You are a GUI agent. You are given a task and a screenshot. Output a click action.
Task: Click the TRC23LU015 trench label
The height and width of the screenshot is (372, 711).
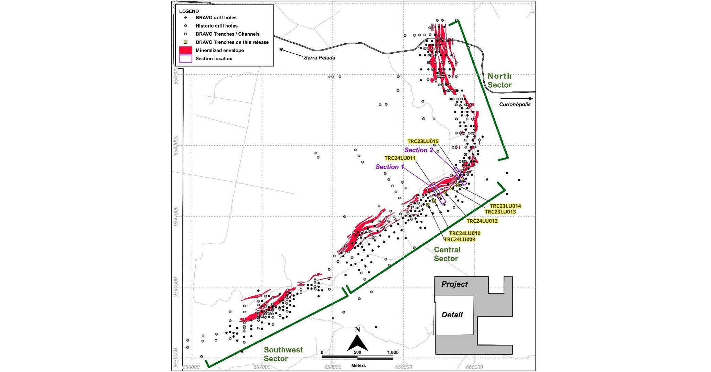423,141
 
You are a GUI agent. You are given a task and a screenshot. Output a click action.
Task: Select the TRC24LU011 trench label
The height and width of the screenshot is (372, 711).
400,158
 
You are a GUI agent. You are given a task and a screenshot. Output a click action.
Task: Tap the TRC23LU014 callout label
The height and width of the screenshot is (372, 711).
505,206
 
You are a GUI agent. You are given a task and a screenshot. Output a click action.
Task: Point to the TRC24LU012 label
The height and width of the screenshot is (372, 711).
482,221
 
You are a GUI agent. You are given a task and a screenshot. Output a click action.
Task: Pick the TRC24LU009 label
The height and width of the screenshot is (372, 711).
460,239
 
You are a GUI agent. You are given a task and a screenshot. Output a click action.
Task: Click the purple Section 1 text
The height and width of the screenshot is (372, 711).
389,167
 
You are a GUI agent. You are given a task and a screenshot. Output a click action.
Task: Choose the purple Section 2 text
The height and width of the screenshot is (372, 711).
418,150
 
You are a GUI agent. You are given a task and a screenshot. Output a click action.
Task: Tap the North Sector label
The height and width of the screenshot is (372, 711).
499,80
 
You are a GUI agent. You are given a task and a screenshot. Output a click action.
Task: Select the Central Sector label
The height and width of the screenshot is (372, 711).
446,254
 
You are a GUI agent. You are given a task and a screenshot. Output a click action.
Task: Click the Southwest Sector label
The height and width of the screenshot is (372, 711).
283,354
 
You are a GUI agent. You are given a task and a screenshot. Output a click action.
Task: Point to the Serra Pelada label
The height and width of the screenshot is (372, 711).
319,58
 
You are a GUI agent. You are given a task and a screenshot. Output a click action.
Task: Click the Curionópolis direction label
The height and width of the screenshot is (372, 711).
515,105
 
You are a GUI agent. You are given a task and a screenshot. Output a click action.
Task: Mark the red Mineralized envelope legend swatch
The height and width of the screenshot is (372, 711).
185,51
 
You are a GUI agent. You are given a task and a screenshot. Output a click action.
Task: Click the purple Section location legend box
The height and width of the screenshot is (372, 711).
185,58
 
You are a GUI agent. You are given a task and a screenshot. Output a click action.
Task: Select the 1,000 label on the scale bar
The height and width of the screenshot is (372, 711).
392,352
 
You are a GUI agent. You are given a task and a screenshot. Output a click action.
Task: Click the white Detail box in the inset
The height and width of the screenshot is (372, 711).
454,315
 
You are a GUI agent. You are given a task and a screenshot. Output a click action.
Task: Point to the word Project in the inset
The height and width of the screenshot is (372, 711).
454,284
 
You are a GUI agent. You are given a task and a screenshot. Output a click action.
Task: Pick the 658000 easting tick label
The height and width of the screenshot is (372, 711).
332,367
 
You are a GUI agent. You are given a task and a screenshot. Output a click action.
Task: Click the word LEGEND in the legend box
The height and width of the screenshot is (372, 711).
189,11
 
